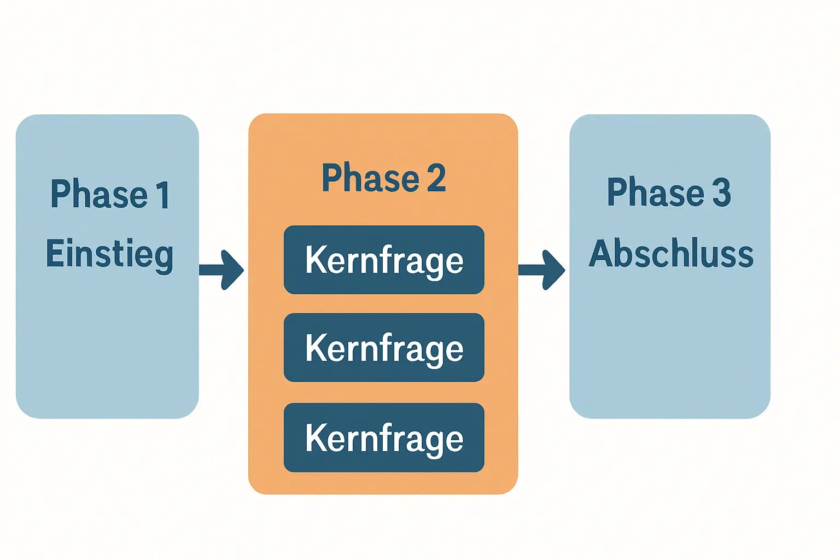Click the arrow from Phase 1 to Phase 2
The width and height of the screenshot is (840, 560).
click(x=221, y=270)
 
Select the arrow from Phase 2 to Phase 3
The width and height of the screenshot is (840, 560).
click(x=541, y=270)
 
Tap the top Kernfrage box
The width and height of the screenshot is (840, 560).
click(x=384, y=260)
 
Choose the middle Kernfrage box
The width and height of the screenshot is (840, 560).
click(x=384, y=347)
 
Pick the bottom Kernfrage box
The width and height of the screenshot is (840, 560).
click(x=384, y=437)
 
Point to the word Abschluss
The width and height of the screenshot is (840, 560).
click(x=671, y=253)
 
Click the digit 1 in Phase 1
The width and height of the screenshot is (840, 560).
click(x=164, y=194)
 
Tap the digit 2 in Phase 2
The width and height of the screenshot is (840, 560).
click(x=436, y=178)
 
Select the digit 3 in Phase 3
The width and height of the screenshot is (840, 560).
click(x=721, y=192)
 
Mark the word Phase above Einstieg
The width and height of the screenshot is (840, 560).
click(x=99, y=194)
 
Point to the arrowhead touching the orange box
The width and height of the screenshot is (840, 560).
click(x=232, y=270)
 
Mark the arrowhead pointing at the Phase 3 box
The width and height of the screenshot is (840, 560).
click(x=554, y=270)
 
